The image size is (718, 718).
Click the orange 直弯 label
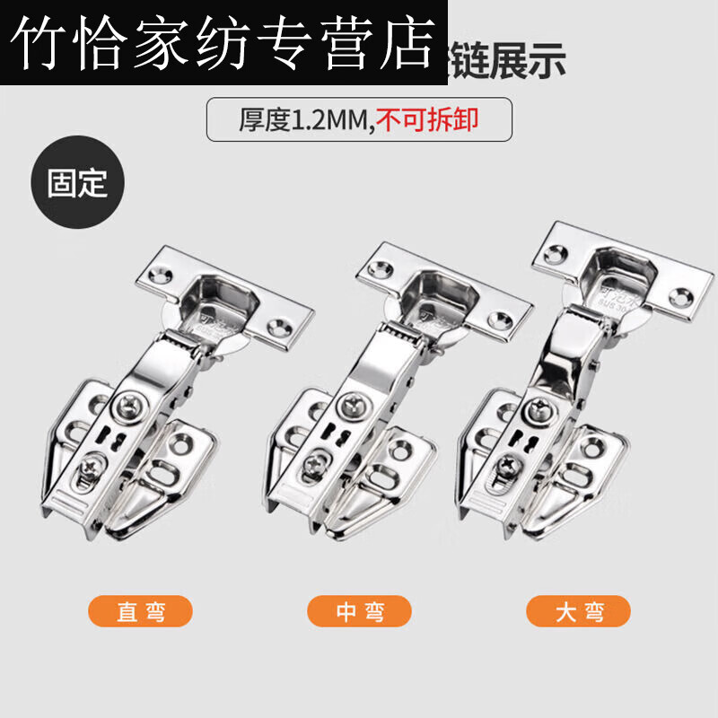[x=141, y=613]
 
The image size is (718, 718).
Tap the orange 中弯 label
[x=359, y=613]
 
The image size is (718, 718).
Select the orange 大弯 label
[x=578, y=613]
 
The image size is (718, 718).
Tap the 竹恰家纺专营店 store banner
[x=223, y=42]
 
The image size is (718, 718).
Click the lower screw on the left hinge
[x=93, y=468]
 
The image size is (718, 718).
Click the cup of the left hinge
[x=216, y=297]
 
